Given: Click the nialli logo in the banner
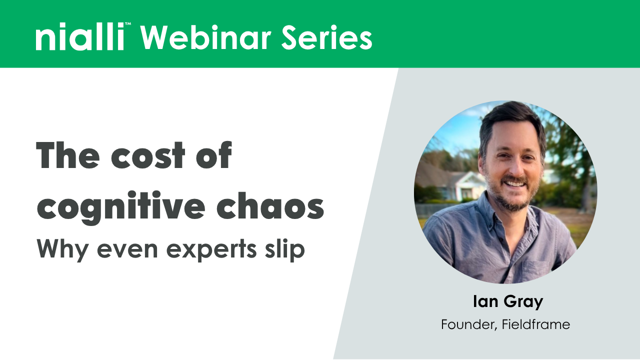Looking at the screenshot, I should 79,38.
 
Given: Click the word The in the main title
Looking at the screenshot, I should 65,155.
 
